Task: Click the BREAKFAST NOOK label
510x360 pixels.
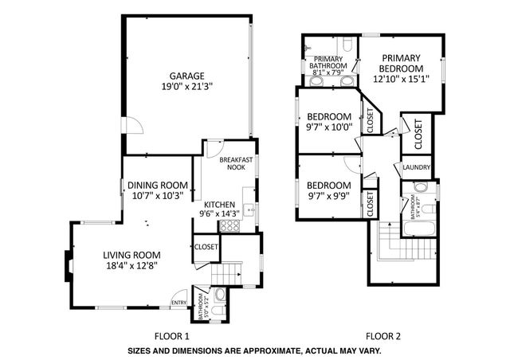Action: coord(236,163)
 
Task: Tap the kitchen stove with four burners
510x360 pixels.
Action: coord(229,226)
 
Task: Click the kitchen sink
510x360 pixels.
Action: coord(249,210)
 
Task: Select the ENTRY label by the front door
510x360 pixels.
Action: coord(180,302)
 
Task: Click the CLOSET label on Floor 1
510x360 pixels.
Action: coord(206,247)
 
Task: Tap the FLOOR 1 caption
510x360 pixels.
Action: coord(171,336)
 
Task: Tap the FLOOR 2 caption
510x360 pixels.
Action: coord(382,336)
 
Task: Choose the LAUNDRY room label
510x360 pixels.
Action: coord(416,167)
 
